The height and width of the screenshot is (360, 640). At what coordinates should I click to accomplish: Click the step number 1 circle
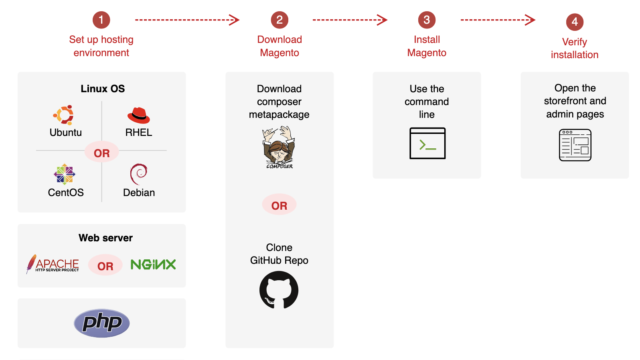[101, 20]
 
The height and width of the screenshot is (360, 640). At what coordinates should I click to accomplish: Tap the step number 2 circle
[279, 20]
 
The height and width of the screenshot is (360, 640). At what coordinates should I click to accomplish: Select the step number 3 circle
[427, 20]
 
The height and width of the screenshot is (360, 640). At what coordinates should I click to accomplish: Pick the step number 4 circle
[575, 22]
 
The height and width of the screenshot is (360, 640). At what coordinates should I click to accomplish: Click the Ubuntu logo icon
[64, 115]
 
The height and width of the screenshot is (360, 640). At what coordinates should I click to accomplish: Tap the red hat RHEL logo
[138, 115]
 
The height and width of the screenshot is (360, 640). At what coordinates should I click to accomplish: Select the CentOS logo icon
[65, 174]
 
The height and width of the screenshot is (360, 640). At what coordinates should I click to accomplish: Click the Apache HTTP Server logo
[53, 264]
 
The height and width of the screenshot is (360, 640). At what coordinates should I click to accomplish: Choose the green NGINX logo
[153, 265]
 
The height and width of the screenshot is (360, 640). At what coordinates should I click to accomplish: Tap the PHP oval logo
[102, 323]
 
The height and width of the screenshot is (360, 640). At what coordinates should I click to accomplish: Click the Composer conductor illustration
[279, 147]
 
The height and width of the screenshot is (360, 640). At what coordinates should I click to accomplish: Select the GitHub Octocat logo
[279, 290]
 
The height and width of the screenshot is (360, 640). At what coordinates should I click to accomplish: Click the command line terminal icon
[427, 143]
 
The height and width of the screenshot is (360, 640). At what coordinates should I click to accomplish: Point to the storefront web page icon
[575, 145]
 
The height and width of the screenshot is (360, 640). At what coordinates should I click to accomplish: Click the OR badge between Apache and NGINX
[105, 266]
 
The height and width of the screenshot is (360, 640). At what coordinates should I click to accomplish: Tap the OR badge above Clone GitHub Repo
[279, 205]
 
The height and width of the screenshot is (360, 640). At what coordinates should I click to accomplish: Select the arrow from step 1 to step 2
[187, 20]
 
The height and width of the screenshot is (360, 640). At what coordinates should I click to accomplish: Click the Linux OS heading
[103, 89]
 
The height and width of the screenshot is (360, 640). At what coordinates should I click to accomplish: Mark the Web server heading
[105, 238]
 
